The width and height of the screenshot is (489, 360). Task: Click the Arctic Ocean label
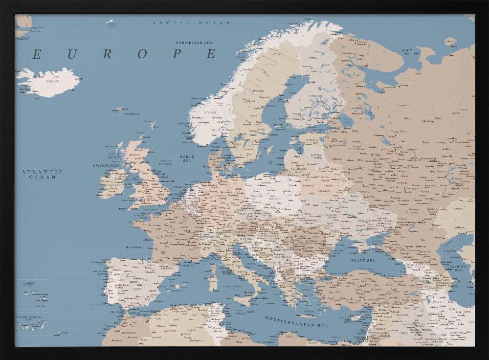click(x=191, y=23)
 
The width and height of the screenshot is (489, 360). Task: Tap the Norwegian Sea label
click(x=196, y=43)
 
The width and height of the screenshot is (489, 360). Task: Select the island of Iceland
click(x=49, y=82)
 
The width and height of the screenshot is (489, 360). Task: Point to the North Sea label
click(x=187, y=158)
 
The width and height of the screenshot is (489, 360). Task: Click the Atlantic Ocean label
click(x=42, y=174)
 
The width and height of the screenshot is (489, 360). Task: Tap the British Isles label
click(x=107, y=165)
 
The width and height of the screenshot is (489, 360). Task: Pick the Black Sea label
click(x=362, y=261)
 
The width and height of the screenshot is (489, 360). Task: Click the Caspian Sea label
click(x=459, y=268)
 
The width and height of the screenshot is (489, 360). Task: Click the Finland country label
click(x=315, y=95)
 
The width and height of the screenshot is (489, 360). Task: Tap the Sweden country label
click(x=259, y=91)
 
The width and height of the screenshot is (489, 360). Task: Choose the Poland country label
click(x=274, y=199)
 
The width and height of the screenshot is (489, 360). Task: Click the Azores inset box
click(x=32, y=293)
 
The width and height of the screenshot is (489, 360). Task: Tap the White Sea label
click(x=407, y=51)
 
